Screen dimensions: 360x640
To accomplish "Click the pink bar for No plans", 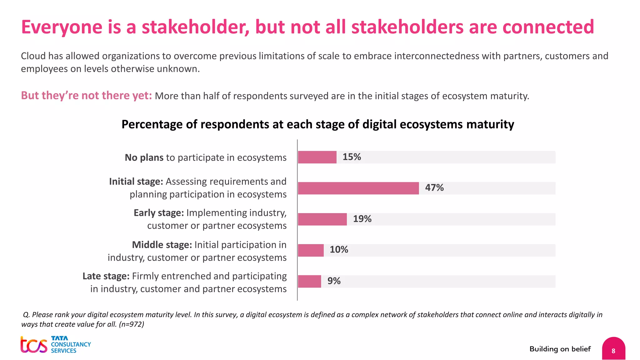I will [x=317, y=157].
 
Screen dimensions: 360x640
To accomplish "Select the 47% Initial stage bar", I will [x=358, y=188].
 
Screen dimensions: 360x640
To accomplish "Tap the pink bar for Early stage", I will [x=322, y=219].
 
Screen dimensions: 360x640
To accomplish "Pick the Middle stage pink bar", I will [x=311, y=250].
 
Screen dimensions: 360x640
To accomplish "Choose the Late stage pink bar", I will [x=309, y=281].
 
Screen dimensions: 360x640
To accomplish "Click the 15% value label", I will [x=352, y=157].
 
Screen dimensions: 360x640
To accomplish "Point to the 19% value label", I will [x=362, y=219].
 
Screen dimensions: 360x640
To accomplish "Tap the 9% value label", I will [x=334, y=281].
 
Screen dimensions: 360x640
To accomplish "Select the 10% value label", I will [x=339, y=250].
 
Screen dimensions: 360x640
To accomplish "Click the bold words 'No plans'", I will [x=144, y=157].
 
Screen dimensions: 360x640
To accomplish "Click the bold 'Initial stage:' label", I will [x=136, y=182].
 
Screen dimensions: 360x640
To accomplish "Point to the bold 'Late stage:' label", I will [x=106, y=276].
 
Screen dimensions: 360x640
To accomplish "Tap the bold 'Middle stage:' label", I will [x=162, y=245].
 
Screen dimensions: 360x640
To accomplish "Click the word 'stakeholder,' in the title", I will [x=195, y=27].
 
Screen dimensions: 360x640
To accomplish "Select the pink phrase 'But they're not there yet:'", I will [x=86, y=96].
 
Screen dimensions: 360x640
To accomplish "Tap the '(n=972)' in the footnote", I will [x=132, y=324].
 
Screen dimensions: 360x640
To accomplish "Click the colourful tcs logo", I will [x=34, y=345].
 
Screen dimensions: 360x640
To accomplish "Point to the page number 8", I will [x=613, y=351].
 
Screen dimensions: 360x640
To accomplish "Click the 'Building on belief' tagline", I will [x=560, y=349].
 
